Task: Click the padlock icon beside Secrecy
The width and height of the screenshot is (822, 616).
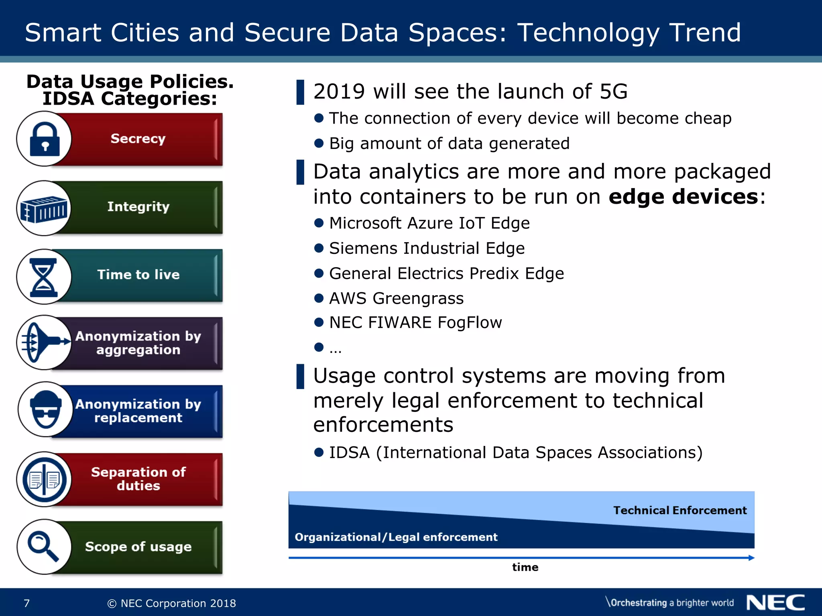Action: (45, 139)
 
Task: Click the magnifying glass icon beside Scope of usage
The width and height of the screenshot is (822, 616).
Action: (43, 546)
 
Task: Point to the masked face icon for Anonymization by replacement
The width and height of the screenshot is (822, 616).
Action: (46, 410)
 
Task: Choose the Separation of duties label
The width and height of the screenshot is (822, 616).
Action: (138, 479)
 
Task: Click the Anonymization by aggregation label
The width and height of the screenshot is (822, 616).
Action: (138, 343)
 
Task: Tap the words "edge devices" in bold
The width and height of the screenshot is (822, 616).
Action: (683, 197)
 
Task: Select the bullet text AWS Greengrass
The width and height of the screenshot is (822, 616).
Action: (396, 298)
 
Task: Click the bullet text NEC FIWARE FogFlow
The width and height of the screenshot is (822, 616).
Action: (415, 322)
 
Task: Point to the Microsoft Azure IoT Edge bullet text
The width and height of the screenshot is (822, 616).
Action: (429, 223)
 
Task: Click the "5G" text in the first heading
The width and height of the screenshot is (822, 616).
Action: (613, 91)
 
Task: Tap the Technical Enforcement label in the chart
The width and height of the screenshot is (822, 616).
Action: (680, 511)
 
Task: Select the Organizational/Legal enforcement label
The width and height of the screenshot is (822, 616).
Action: (396, 537)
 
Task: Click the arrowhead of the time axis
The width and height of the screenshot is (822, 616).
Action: (751, 558)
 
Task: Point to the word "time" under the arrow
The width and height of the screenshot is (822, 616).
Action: (525, 567)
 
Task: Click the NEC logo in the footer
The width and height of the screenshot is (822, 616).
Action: (775, 603)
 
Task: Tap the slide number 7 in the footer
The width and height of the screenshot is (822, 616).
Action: (27, 603)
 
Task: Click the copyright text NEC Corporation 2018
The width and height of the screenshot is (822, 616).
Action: (172, 603)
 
